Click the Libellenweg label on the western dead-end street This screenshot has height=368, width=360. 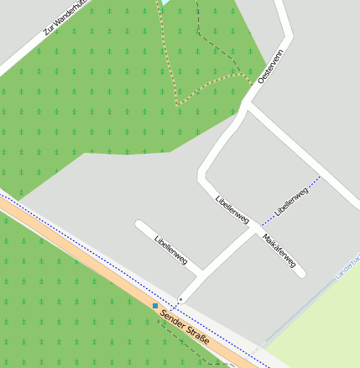click(x=170, y=250)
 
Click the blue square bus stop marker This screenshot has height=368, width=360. click(x=155, y=306)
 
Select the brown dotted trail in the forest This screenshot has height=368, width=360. click(x=168, y=50)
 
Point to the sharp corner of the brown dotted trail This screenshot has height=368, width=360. click(x=177, y=105)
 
